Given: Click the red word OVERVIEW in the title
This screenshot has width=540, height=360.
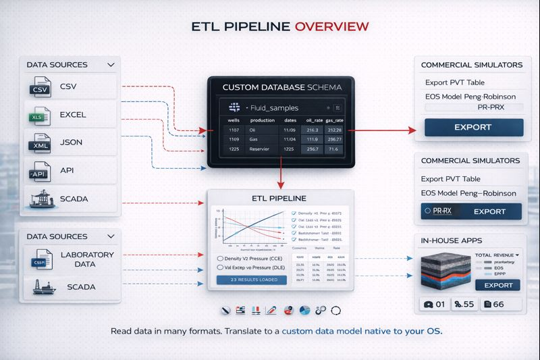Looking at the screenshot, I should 331,26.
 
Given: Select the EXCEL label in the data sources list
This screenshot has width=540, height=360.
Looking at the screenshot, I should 73,115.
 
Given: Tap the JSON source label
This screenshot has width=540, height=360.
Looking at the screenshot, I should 72,143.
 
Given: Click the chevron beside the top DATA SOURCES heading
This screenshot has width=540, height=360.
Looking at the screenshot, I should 111,65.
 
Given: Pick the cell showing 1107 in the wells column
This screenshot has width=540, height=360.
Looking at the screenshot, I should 234,130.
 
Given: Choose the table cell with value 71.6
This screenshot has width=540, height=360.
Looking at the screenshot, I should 333,149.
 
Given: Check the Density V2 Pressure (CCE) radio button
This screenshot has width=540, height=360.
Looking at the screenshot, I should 221,258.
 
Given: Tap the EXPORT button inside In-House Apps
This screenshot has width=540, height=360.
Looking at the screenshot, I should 498,285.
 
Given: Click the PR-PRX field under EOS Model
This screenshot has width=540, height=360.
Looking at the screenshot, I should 478,107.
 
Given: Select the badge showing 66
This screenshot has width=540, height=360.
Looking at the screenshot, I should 504,304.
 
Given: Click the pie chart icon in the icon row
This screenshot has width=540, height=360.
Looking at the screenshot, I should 304,310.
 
